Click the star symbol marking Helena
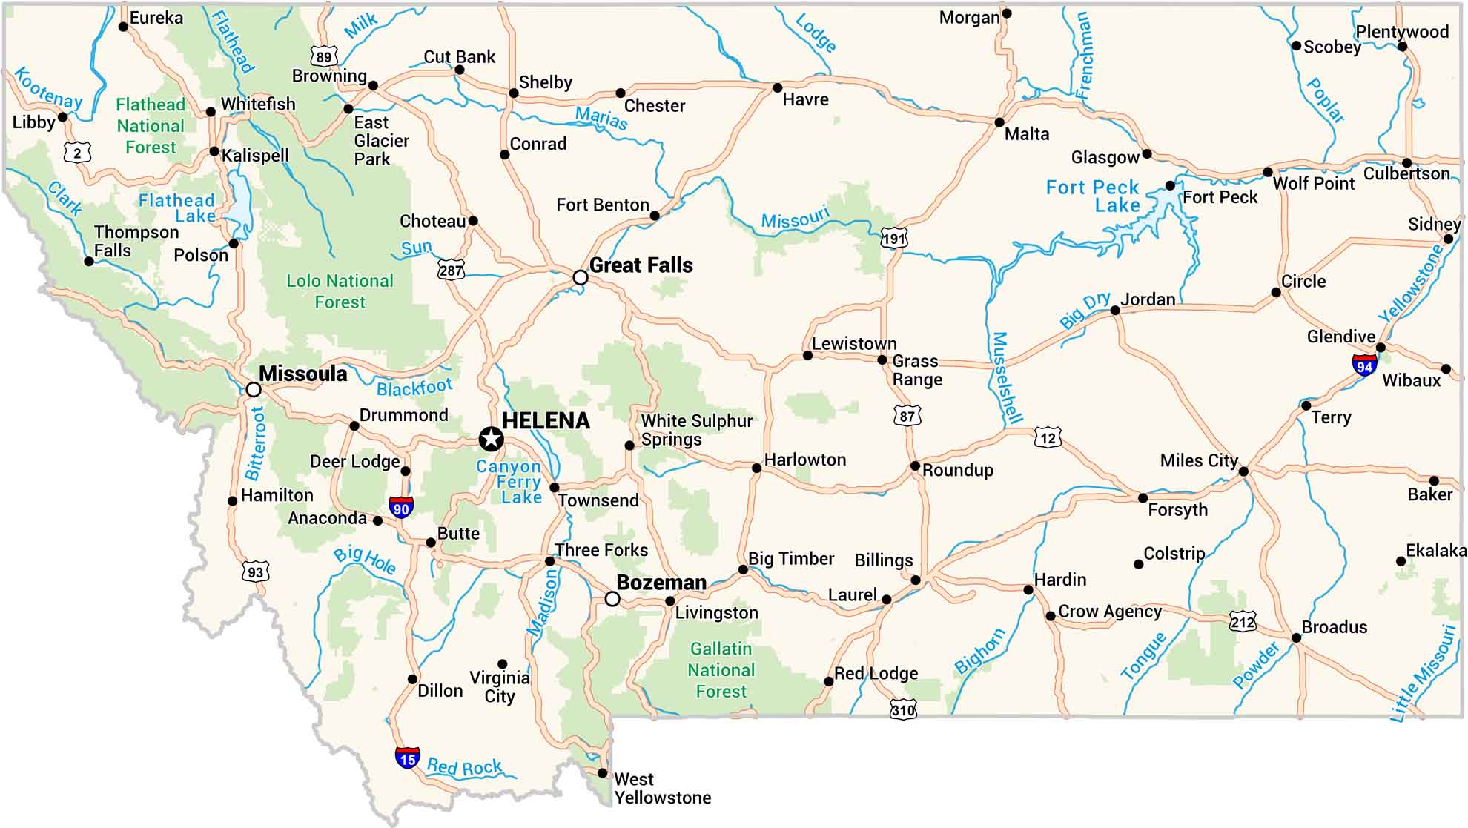pyautogui.click(x=490, y=440)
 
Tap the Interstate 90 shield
pyautogui.click(x=401, y=507)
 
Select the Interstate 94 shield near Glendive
pyautogui.click(x=1364, y=365)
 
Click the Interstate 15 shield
pyautogui.click(x=407, y=758)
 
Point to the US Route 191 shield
pyautogui.click(x=893, y=239)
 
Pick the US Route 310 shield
pyautogui.click(x=903, y=709)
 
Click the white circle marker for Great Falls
pyautogui.click(x=581, y=277)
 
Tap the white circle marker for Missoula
pyautogui.click(x=254, y=389)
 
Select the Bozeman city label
pyautogui.click(x=661, y=583)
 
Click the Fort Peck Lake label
pyautogui.click(x=1092, y=196)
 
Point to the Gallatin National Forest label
pyautogui.click(x=721, y=670)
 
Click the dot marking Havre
pyautogui.click(x=777, y=87)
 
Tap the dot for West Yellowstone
pyautogui.click(x=602, y=773)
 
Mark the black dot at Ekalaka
pyautogui.click(x=1401, y=561)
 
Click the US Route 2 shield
pyautogui.click(x=77, y=153)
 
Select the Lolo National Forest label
pyautogui.click(x=340, y=291)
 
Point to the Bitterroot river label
pyautogui.click(x=256, y=443)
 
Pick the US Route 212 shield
pyautogui.click(x=1243, y=621)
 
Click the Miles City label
pyautogui.click(x=1199, y=460)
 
